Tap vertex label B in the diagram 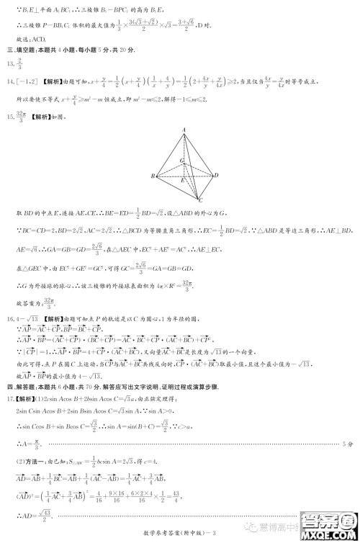click(153, 176)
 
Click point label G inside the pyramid click(182, 161)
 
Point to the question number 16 click(11, 318)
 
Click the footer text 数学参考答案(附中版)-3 click(180, 534)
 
